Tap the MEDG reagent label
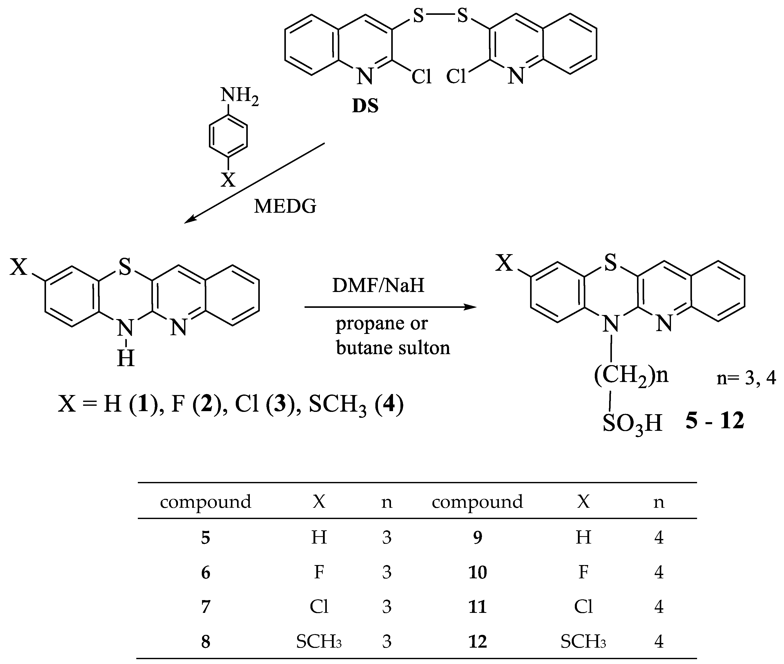[x=285, y=206]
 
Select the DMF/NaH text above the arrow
[x=378, y=285]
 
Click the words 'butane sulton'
[x=393, y=347]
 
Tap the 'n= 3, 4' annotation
[x=746, y=378]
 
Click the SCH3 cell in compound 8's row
[x=318, y=642]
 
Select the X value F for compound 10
[x=583, y=572]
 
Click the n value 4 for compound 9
[x=659, y=537]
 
